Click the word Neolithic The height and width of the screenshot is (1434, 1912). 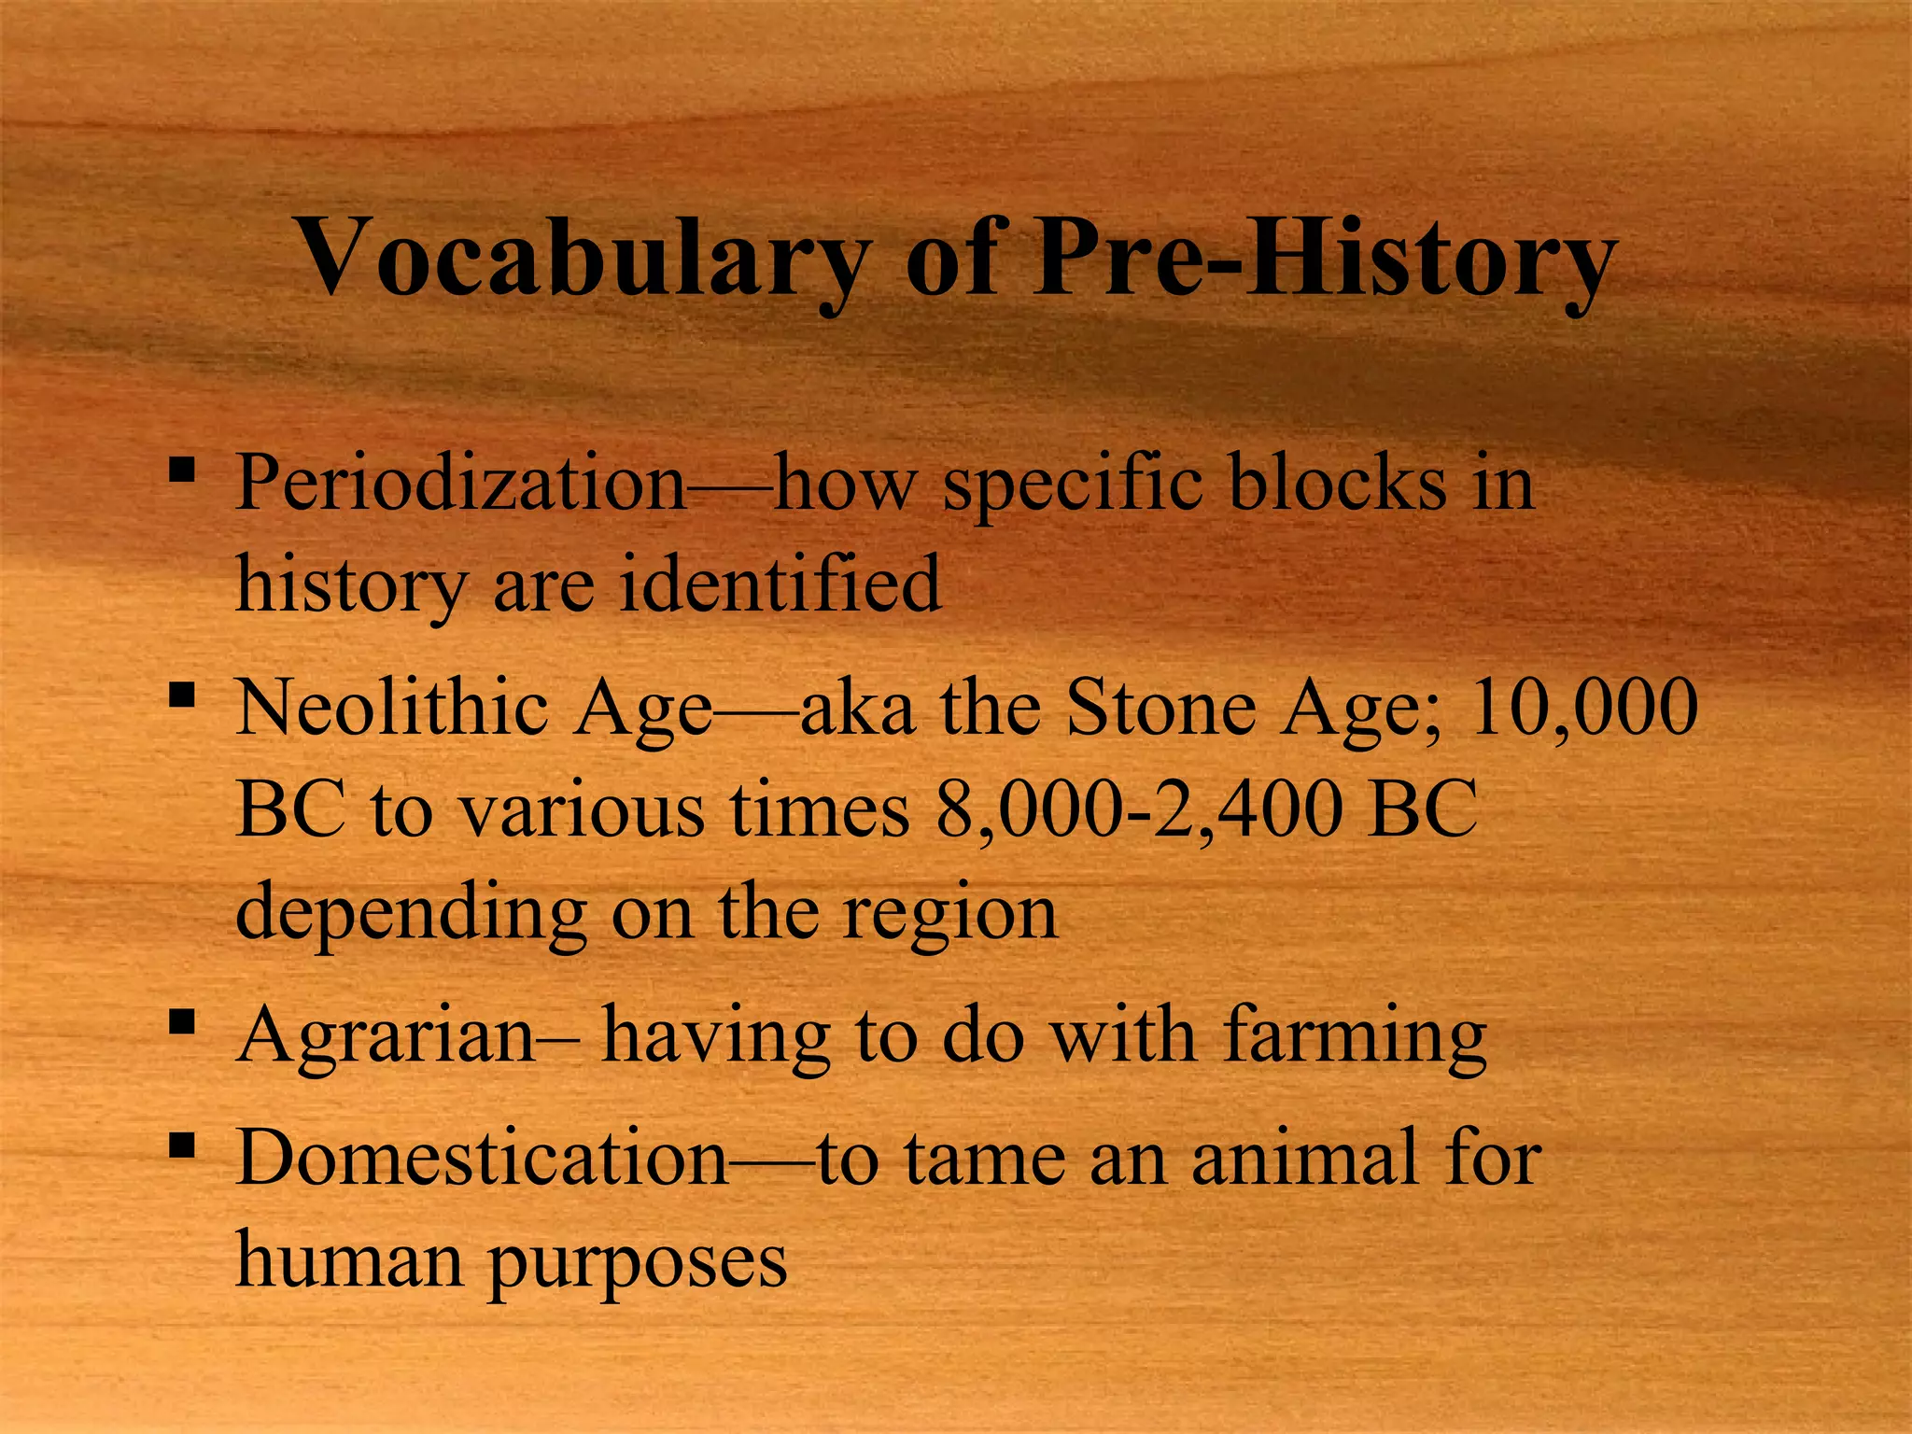click(391, 708)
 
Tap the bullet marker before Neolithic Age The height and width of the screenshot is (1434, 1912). click(182, 695)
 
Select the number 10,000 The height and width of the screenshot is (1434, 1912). click(1583, 708)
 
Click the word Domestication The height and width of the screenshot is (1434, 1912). click(481, 1158)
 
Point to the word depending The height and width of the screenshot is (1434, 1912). click(411, 913)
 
